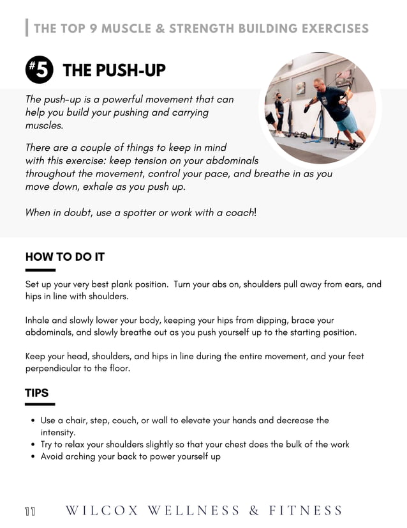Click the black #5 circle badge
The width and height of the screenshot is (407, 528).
pos(38,70)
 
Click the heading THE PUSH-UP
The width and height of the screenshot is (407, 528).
pos(114,70)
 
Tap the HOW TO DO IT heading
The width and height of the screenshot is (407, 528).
pos(64,257)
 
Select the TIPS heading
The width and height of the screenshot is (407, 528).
pos(36,393)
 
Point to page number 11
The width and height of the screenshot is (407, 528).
pos(30,511)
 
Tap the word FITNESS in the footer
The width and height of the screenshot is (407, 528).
pos(306,510)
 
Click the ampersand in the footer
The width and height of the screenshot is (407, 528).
pos(254,510)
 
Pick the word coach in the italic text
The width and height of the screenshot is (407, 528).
pos(239,213)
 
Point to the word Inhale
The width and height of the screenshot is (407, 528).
pos(39,320)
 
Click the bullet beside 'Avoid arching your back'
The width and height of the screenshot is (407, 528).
pos(33,457)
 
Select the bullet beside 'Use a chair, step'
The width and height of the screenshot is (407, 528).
pos(33,421)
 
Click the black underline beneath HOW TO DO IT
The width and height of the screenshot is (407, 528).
pos(40,270)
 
